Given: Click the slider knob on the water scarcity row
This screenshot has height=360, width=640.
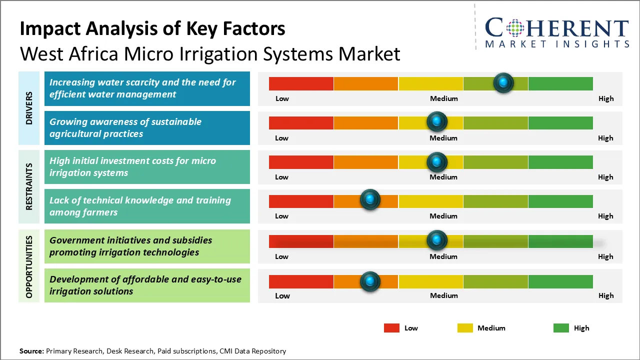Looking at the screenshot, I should click(x=503, y=82).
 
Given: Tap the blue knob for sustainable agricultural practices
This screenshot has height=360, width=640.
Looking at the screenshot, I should click(x=437, y=121).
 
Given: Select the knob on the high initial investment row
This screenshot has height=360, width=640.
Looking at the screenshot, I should click(x=437, y=161).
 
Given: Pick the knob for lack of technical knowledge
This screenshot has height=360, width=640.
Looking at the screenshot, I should click(x=370, y=200).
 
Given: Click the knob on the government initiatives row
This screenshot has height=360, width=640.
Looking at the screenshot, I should click(x=437, y=240).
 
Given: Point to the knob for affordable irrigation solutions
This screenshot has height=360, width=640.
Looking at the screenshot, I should click(x=370, y=281).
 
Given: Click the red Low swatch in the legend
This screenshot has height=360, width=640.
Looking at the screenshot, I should click(x=391, y=328).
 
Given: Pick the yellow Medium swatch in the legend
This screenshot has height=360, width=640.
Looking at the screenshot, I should click(x=465, y=328).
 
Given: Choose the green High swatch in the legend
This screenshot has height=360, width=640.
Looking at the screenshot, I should click(x=561, y=328).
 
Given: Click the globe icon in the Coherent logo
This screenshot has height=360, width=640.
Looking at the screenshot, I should click(x=515, y=28).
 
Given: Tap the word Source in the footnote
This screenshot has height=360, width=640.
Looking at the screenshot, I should click(x=31, y=351).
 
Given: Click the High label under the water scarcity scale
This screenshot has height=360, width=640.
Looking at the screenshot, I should click(x=605, y=98).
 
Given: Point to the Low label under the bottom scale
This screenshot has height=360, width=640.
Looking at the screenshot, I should click(x=282, y=295).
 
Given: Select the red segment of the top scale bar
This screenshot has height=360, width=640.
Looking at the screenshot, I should click(x=301, y=83).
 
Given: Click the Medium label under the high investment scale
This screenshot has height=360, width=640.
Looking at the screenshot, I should click(x=443, y=177).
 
